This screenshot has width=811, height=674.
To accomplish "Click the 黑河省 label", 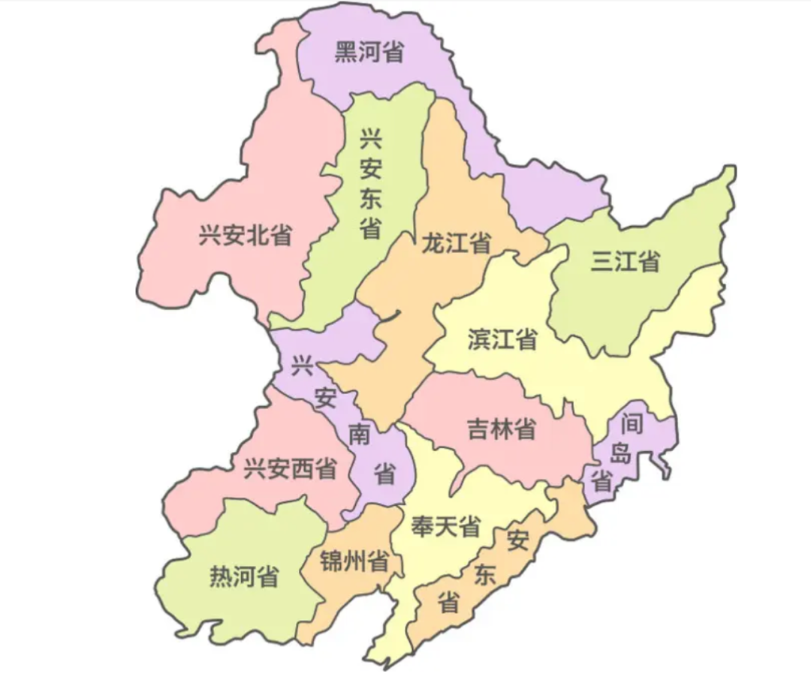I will pos(369,53).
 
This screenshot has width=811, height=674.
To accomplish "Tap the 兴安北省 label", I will pos(246,235).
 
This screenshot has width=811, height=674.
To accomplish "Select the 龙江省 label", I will pos(457,242).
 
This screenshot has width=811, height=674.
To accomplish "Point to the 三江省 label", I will pos(626,261).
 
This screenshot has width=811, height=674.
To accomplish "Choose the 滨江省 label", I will pos(502,339).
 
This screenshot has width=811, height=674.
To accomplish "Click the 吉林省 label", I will pos(501,429).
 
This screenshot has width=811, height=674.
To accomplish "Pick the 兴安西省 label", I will pos(290,470).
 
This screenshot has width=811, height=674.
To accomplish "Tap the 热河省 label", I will pos(243,576).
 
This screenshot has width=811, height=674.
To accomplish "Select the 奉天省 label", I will pos(445,526).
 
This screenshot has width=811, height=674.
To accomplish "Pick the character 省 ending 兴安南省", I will pos(385,474).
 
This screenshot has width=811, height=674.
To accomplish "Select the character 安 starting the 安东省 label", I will pos(517,540).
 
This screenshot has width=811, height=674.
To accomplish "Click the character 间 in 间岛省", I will pos(632,425).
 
